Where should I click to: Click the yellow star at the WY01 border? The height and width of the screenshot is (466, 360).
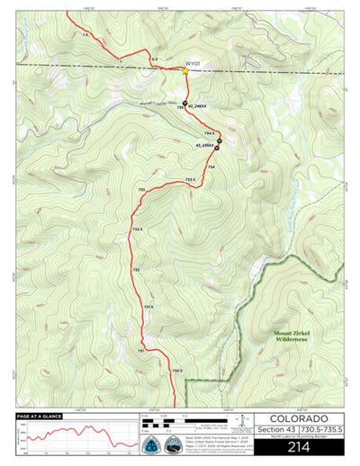[x=184, y=71]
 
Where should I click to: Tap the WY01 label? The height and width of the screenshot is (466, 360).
[x=192, y=64]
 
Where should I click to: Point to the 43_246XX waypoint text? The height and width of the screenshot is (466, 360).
[x=198, y=106]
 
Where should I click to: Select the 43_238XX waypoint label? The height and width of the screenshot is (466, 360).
[x=204, y=146]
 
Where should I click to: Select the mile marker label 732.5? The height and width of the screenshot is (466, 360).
[x=138, y=229]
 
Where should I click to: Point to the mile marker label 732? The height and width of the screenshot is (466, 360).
[x=136, y=270]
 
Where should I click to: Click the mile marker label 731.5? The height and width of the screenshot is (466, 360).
[x=148, y=307]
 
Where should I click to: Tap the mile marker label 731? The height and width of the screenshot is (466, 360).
[x=140, y=349]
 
